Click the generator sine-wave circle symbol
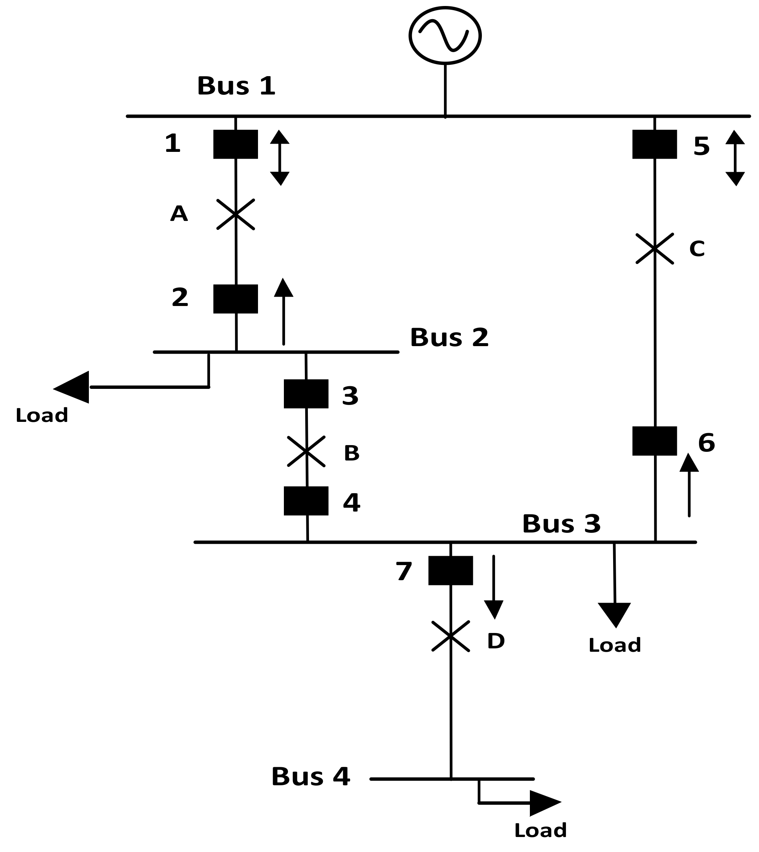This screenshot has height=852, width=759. point(445,36)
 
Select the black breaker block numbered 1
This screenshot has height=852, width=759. point(235,144)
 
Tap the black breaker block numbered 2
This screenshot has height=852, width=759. point(235,299)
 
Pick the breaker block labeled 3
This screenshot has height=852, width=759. point(306,394)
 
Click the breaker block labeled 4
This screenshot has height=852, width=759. point(306,501)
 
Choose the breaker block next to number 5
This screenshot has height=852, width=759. point(654,144)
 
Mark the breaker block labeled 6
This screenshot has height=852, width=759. point(654,441)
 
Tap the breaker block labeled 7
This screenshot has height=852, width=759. point(450,570)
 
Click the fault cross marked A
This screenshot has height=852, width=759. point(235,214)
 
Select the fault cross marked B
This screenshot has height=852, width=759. point(306,451)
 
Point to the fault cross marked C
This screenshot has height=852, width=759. point(654,249)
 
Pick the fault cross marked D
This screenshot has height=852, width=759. point(450,636)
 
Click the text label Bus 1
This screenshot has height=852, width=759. point(236,86)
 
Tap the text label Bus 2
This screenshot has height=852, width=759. point(449,337)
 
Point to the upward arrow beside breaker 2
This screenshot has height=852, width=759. point(283,312)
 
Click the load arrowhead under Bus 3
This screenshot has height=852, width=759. point(615,614)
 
